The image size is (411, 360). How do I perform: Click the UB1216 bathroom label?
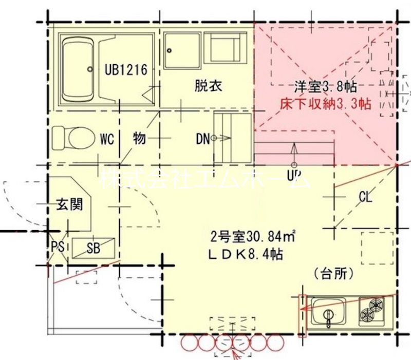pos(127,69)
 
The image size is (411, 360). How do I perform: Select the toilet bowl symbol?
pos(69,138)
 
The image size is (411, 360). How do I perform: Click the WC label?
pos(107,139)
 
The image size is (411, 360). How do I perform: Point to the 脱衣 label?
pos(208,85)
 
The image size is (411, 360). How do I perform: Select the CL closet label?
pos(365,196)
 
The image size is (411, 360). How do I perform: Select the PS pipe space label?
pos(58,247)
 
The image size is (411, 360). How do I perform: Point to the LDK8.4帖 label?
pos(246,254)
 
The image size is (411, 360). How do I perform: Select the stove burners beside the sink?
pos(373,310)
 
